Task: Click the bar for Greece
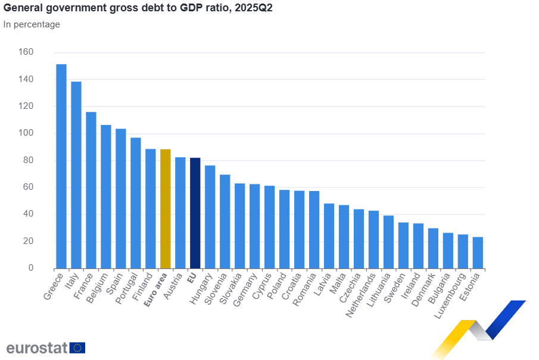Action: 61,166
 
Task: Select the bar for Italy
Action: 76,175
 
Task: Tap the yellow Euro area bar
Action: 165,208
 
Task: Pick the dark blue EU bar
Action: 195,213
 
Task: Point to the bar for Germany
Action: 254,226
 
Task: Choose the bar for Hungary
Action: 210,217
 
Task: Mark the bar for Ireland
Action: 418,246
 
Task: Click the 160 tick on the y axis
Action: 27,52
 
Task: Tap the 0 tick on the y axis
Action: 30,268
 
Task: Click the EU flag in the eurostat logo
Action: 77,348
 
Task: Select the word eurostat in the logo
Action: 37,348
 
